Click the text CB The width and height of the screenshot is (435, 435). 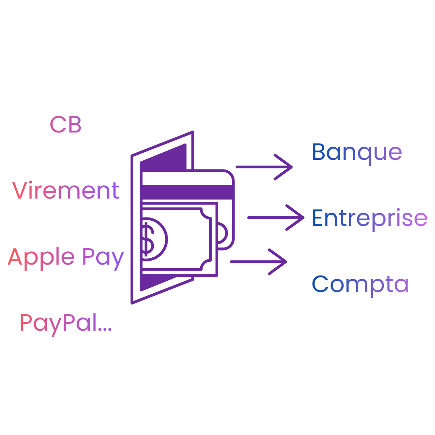click(x=66, y=125)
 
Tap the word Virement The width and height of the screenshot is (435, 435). click(x=66, y=191)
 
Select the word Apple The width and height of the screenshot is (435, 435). click(x=41, y=257)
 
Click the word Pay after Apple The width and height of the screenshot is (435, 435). click(x=103, y=258)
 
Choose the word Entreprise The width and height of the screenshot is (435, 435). click(x=369, y=218)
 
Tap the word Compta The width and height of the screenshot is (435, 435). click(x=360, y=284)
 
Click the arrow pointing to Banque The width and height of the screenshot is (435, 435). click(x=264, y=167)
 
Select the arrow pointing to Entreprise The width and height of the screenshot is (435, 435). click(x=275, y=217)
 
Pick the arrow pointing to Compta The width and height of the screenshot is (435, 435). click(x=258, y=262)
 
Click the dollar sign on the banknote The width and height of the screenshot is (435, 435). click(x=147, y=239)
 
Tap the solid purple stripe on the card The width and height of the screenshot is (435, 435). click(x=187, y=192)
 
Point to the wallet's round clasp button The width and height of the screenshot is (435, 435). click(x=222, y=232)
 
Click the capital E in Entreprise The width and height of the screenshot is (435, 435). click(x=317, y=218)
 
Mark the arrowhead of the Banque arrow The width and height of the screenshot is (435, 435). click(x=287, y=167)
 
